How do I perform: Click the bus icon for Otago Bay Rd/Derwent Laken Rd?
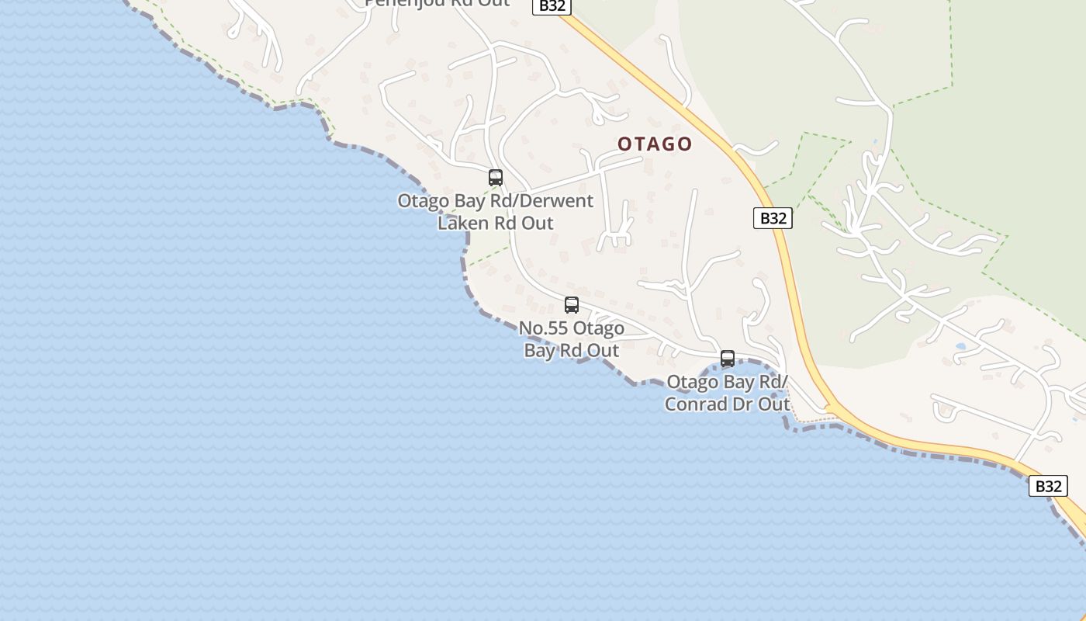pos(496,178)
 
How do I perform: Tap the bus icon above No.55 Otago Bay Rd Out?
pos(572,305)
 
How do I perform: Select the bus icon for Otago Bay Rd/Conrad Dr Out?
pos(728,359)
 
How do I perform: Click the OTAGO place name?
pos(655,144)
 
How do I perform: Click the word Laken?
pos(464,223)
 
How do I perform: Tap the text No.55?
pos(544,328)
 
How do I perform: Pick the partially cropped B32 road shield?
pos(552,6)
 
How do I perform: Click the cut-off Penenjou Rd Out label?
pos(438,3)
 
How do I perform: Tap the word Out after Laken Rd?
pos(537,223)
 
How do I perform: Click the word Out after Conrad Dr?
pos(773,404)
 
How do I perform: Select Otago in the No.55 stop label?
pos(600,328)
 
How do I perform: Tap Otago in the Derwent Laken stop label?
pos(424,200)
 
